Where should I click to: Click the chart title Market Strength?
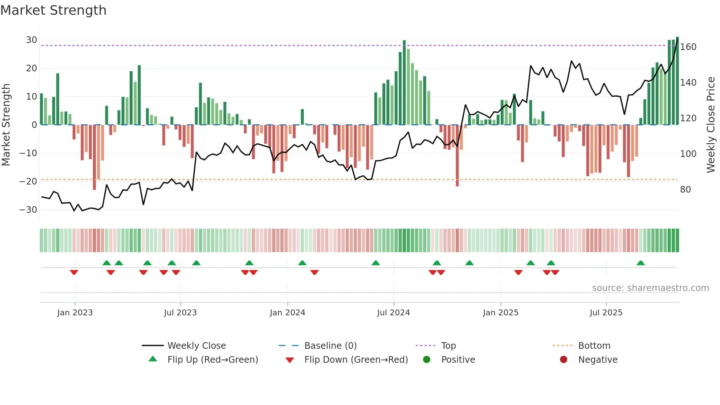click(53, 10)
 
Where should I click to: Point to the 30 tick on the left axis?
click(31, 40)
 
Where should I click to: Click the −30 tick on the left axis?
click(28, 210)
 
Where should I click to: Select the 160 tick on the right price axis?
click(688, 47)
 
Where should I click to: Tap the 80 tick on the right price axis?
click(685, 190)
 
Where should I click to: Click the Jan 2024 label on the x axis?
click(287, 313)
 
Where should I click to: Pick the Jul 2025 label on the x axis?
click(606, 313)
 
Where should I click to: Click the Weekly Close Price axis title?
click(711, 125)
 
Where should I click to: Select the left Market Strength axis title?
click(6, 125)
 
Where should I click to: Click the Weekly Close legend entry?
click(197, 346)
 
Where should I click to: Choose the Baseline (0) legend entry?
click(330, 346)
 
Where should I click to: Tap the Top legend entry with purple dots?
click(448, 346)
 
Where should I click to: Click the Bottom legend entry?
click(594, 346)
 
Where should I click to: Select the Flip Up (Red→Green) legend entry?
click(212, 360)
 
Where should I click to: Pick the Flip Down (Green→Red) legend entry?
click(356, 360)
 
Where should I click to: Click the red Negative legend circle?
click(564, 359)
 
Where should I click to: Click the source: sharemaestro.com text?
click(650, 288)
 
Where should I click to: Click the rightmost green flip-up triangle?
click(641, 263)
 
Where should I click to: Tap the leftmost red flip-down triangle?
click(74, 272)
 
